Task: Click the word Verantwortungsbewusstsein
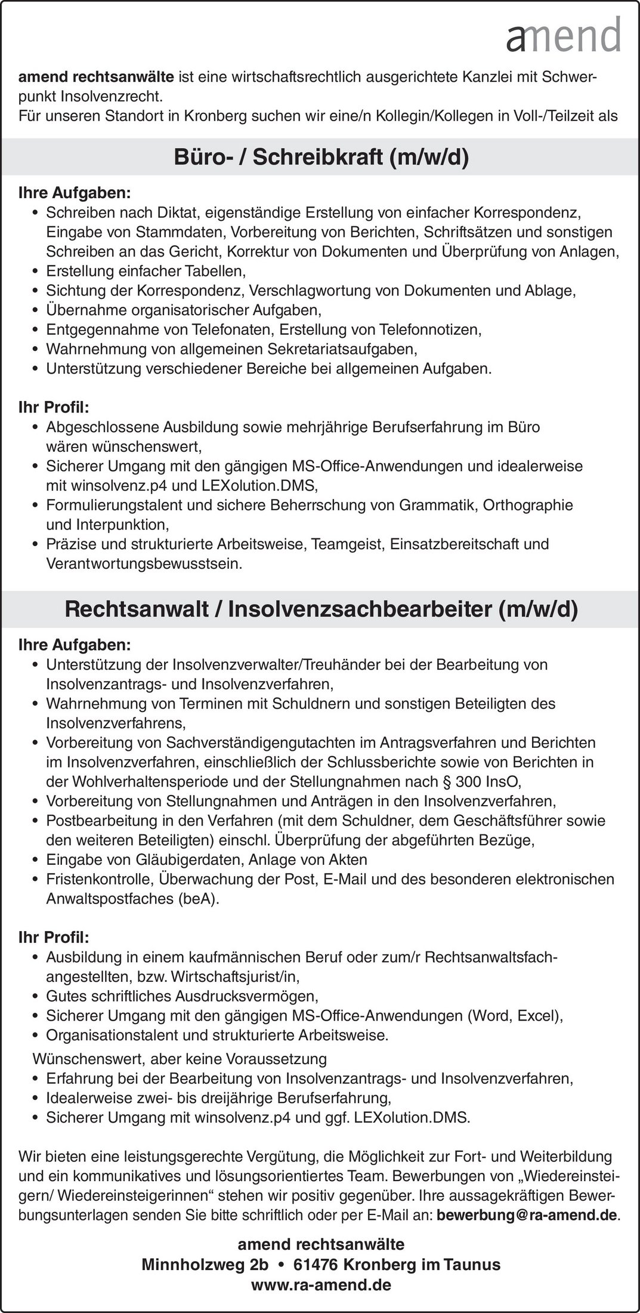click(x=144, y=564)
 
